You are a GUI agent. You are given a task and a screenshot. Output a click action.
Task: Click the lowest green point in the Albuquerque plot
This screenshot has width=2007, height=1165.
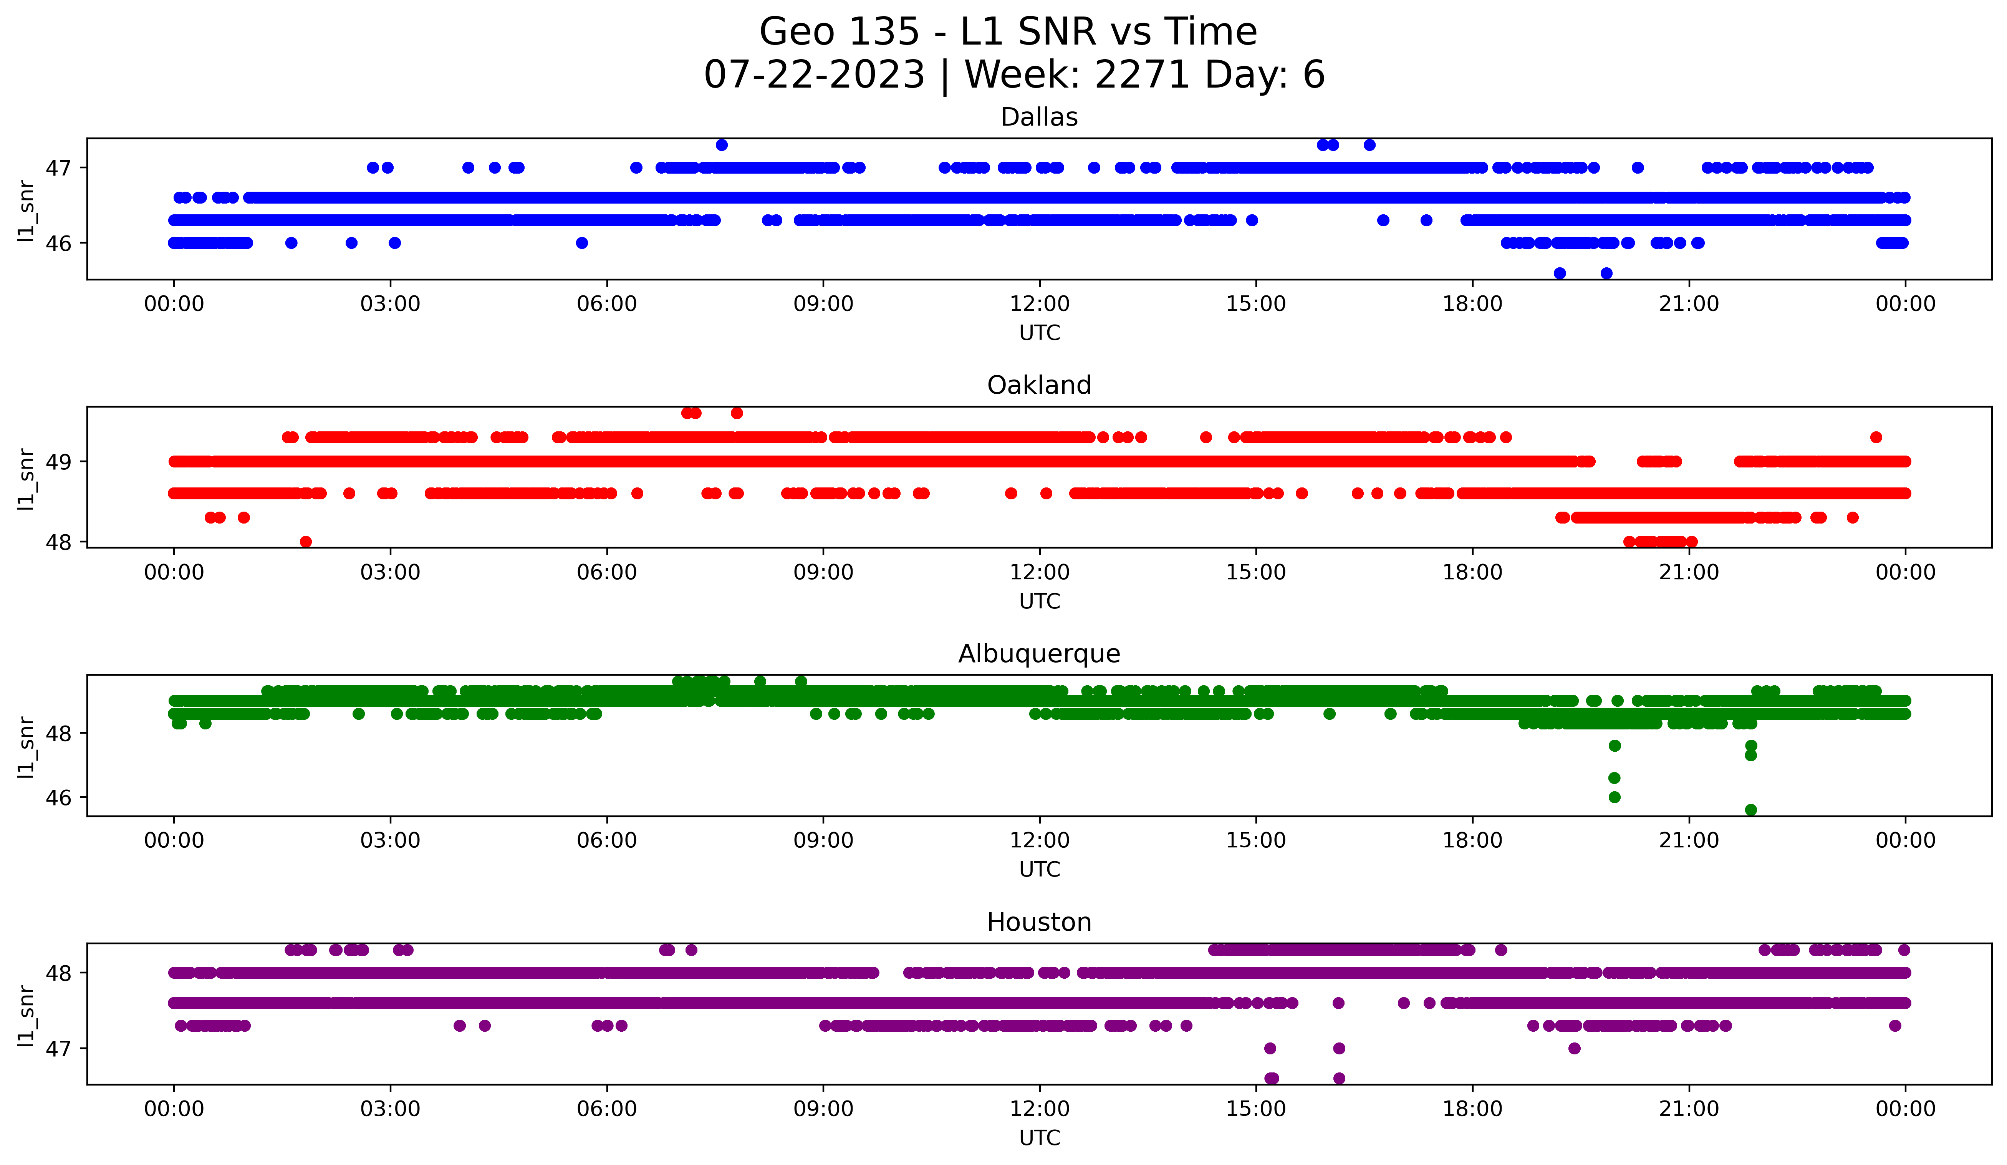[1750, 810]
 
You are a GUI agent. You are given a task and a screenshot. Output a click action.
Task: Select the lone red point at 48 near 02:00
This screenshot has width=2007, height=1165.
[306, 542]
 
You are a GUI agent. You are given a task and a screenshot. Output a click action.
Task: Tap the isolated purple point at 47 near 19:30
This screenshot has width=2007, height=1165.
[1574, 1048]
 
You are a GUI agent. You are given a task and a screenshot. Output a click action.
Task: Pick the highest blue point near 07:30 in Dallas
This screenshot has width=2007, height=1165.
[722, 145]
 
